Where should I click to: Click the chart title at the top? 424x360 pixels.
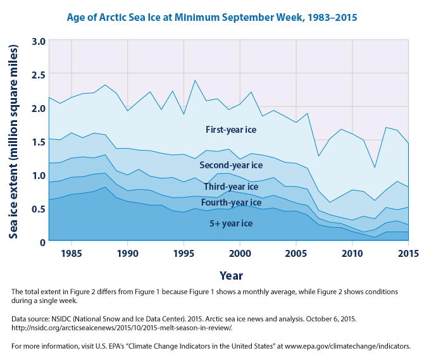tap(213, 17)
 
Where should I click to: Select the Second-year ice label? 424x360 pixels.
tap(230, 165)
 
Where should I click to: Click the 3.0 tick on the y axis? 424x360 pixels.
tap(38, 42)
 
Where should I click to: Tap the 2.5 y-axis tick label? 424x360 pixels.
tap(38, 75)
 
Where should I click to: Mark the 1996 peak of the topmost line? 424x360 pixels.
tap(195, 80)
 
